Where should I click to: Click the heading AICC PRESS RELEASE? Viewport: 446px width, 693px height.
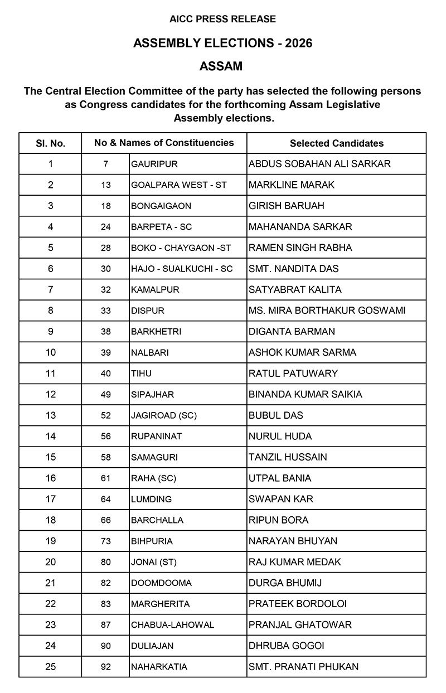[x=222, y=19]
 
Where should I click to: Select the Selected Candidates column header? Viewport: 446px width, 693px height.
[x=336, y=143]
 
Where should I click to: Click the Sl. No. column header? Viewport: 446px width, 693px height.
[x=50, y=143]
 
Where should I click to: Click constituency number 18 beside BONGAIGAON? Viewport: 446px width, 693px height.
[x=106, y=206]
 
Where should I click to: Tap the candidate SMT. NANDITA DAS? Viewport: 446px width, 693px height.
[x=293, y=269]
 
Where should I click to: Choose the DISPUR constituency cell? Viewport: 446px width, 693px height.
[x=148, y=311]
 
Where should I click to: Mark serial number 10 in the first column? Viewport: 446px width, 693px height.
[x=50, y=352]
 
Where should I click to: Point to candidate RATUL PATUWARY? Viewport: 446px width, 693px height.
[x=293, y=374]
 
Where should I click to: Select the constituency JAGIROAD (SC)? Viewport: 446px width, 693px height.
[x=164, y=415]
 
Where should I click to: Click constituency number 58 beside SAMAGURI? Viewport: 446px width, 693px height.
[x=106, y=457]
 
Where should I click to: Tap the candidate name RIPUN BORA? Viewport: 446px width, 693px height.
[x=279, y=520]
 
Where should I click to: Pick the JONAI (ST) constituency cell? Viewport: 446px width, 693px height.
[x=154, y=562]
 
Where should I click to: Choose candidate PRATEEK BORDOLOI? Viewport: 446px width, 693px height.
[x=298, y=604]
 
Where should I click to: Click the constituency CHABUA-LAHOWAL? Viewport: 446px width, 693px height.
[x=172, y=625]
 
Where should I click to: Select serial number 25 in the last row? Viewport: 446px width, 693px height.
[x=50, y=667]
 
